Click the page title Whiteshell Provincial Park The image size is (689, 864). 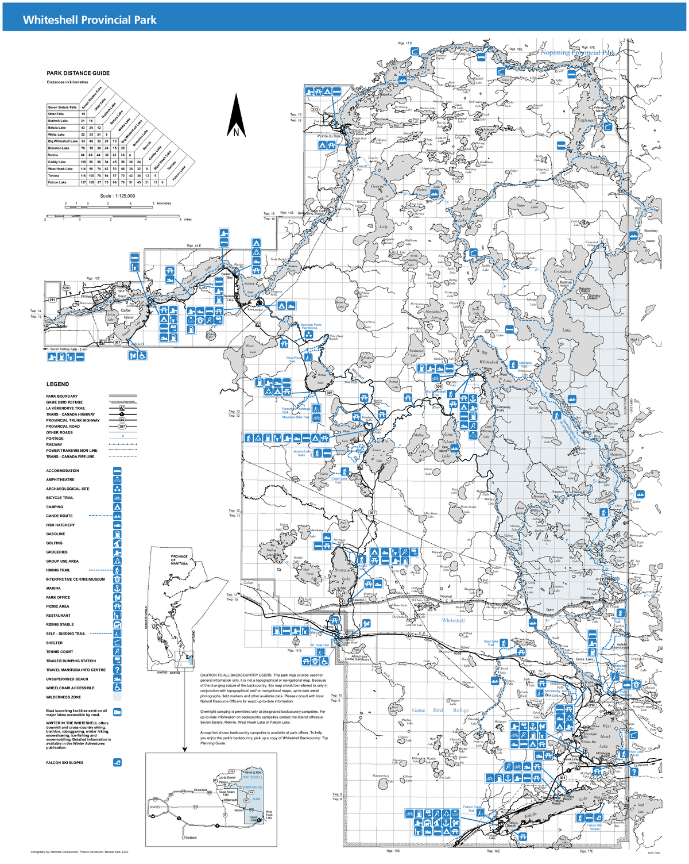pos(90,20)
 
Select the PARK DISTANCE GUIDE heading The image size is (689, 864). pos(78,73)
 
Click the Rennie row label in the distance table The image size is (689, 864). pos(53,155)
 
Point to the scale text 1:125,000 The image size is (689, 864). pos(118,196)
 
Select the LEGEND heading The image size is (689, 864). pos(57,384)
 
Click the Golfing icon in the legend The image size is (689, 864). pos(117,543)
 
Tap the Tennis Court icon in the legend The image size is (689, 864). pos(117,652)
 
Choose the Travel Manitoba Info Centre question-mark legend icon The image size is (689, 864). pos(117,670)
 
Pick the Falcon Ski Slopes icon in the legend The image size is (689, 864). pos(117,763)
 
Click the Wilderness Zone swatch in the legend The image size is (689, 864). pos(117,697)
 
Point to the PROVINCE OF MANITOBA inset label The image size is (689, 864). pos(179,559)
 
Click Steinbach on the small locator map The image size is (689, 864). pos(191,838)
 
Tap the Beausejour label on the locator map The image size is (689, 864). pos(200,790)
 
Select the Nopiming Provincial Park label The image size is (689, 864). pos(577,52)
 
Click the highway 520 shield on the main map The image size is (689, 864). pos(66,288)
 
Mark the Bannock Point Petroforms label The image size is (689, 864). pos(311,327)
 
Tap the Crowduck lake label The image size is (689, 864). pos(563,271)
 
